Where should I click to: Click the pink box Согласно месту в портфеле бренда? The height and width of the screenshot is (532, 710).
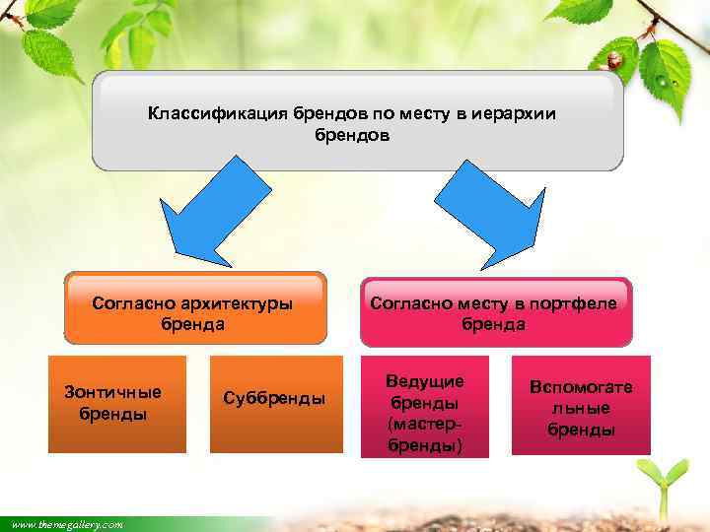(x=494, y=312)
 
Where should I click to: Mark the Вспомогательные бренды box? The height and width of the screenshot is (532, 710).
(x=581, y=405)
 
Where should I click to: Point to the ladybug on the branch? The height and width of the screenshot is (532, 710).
(x=614, y=60)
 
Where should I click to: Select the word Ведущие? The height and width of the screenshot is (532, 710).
(x=425, y=381)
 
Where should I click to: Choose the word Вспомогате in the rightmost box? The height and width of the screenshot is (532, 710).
(x=581, y=387)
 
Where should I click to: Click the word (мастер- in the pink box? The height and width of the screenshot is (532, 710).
(x=425, y=425)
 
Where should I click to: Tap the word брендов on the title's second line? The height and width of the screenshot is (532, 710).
(x=352, y=136)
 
